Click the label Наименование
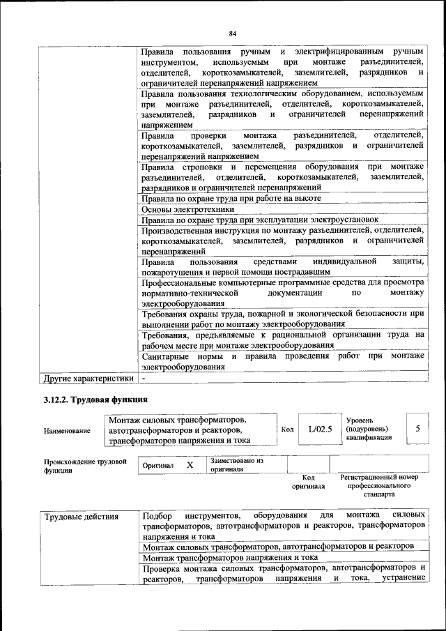coord(67,431)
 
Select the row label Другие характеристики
coord(88,379)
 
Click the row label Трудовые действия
coord(82,517)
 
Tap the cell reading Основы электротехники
coord(187,208)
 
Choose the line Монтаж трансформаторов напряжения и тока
coord(230,558)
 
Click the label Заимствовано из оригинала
coord(236,465)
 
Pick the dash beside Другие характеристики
coord(143,379)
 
